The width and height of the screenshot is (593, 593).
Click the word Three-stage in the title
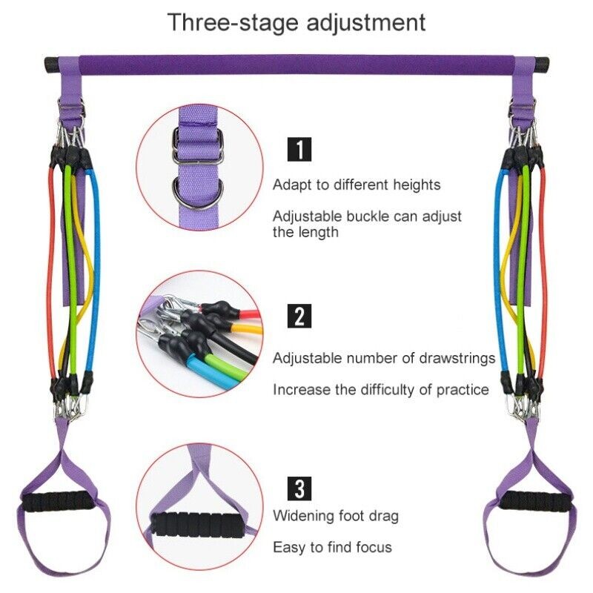click(x=233, y=22)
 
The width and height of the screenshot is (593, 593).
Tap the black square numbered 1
click(x=299, y=150)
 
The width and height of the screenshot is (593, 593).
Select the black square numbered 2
click(x=299, y=316)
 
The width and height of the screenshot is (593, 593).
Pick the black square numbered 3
click(x=299, y=488)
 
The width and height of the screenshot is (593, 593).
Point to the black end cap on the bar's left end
click(x=51, y=64)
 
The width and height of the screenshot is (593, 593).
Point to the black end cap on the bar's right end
click(x=542, y=64)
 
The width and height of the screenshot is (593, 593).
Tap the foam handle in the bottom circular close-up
click(x=197, y=524)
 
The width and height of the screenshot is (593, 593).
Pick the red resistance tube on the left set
click(x=50, y=272)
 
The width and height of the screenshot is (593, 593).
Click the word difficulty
click(x=387, y=390)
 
